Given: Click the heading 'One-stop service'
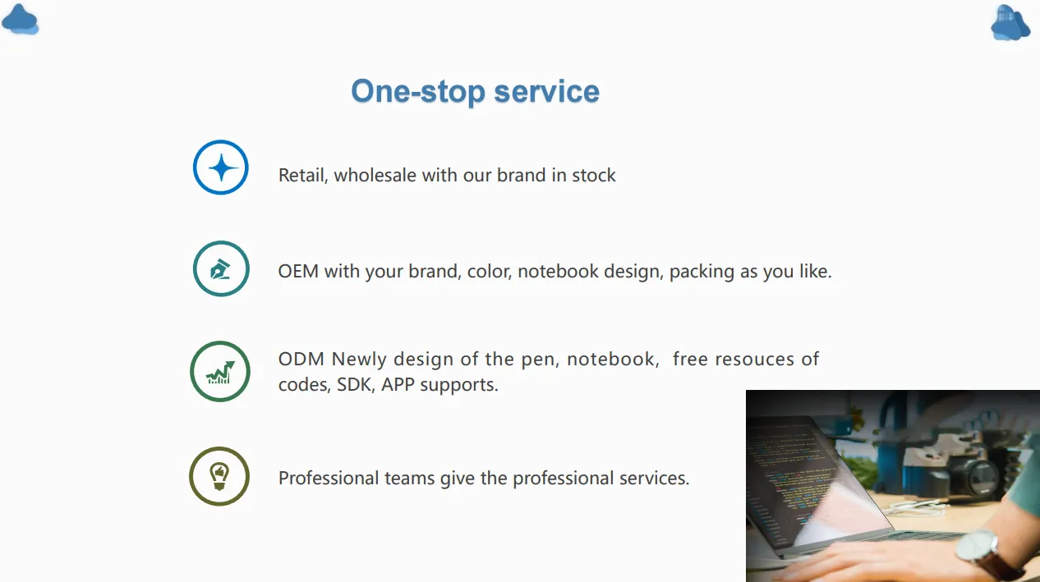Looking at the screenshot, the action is [475, 91].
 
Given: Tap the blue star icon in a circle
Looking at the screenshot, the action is [220, 167].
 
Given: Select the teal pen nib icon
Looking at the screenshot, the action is [220, 268].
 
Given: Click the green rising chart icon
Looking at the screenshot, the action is [220, 372].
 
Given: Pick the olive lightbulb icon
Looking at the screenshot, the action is [219, 476].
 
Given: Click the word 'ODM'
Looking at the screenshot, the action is [301, 360].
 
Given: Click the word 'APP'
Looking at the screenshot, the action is [398, 385].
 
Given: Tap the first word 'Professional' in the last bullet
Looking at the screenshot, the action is [329, 478].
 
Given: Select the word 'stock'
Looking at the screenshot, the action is [593, 176].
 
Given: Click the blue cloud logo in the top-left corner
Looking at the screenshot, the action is [20, 19].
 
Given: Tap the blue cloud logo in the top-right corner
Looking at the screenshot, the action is [1010, 22].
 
